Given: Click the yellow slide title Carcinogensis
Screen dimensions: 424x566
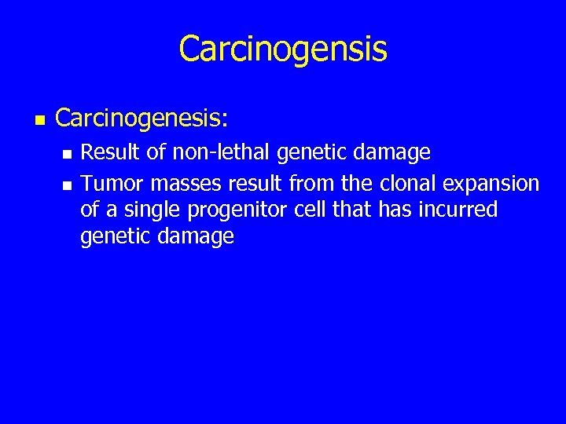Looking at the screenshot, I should coord(283,49).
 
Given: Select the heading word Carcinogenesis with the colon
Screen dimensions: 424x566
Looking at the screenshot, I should coord(141,119).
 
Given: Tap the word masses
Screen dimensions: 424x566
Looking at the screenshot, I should coord(186,184).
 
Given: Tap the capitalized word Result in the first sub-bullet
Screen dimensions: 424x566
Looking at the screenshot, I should coord(109,152).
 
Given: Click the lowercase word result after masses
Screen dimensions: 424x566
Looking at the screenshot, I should coord(255,184).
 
